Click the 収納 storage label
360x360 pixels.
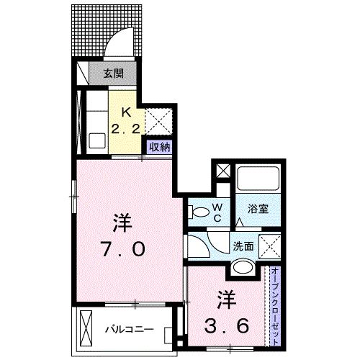click(160, 146)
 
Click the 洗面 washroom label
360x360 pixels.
click(243, 246)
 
